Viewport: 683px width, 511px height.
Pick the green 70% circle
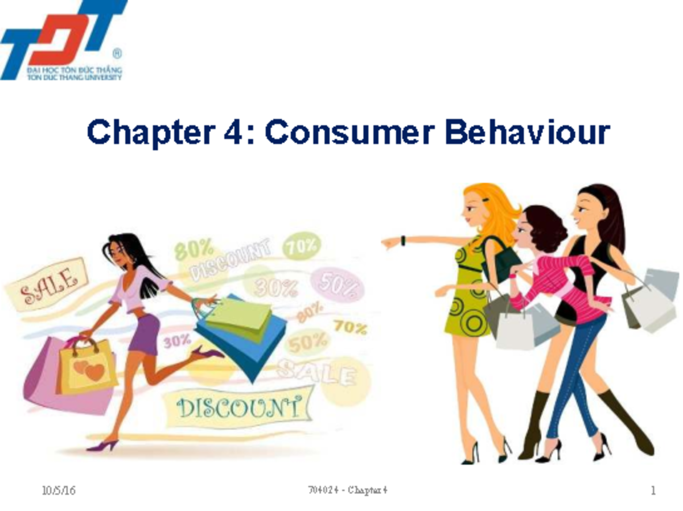(302, 246)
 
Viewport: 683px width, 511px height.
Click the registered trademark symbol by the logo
(117, 55)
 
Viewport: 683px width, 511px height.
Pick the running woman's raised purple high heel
(208, 353)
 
